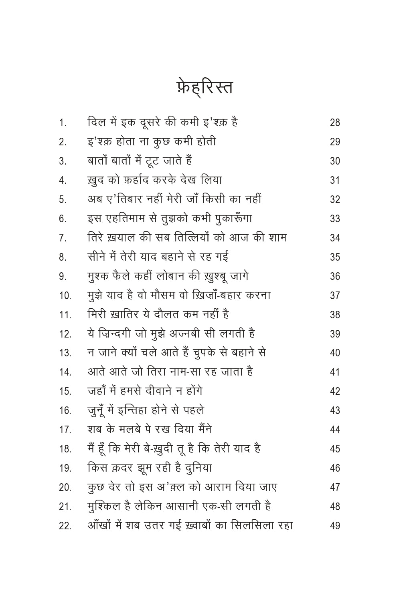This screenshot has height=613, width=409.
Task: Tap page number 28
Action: coord(335,123)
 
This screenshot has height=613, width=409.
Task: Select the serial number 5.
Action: coord(63,199)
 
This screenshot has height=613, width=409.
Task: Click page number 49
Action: coord(335,526)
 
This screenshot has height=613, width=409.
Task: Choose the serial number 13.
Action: coord(65,353)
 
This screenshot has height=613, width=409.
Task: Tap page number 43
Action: coord(335,410)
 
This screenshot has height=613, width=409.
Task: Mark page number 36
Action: coord(335,276)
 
